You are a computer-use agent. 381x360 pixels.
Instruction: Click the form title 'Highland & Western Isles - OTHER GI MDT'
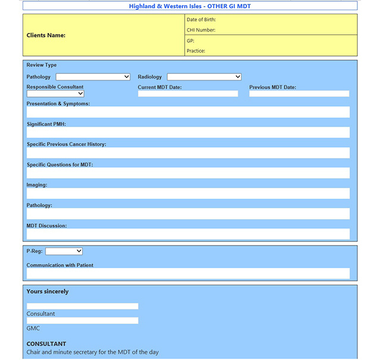190,6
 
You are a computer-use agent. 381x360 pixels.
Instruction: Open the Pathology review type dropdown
93,77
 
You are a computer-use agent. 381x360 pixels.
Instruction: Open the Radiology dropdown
204,77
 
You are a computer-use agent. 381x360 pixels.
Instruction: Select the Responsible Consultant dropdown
55,94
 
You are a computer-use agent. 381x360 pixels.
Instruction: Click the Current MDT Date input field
188,94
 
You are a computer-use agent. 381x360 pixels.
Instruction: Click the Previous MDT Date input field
299,94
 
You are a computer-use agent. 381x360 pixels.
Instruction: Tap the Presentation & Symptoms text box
188,112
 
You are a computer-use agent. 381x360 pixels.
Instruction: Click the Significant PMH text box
188,132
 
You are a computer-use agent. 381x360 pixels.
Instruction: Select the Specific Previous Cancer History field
188,153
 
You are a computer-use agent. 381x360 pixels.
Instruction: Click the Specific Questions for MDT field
188,173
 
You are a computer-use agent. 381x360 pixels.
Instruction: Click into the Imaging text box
188,193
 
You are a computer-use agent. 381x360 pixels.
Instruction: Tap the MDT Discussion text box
188,234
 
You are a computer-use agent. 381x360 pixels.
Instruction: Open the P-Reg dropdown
64,252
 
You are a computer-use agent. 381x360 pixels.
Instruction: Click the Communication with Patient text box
188,274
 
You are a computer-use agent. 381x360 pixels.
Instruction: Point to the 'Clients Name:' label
46,35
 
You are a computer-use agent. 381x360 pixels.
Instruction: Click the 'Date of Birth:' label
201,20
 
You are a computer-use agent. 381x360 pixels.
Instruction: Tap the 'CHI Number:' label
201,30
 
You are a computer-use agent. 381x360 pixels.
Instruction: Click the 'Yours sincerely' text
48,291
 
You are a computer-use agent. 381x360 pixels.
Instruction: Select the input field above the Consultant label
82,306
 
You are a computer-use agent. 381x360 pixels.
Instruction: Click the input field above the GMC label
82,321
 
